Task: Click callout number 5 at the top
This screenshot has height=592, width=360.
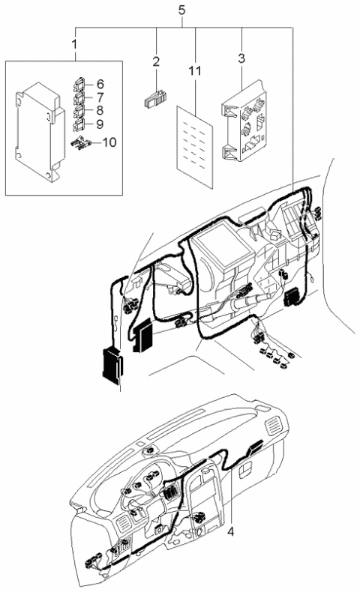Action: pyautogui.click(x=180, y=10)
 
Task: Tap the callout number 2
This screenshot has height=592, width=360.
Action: pyautogui.click(x=157, y=61)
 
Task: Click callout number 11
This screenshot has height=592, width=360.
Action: pyautogui.click(x=194, y=71)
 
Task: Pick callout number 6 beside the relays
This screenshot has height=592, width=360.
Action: pyautogui.click(x=100, y=84)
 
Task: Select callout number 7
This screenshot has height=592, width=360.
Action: pyautogui.click(x=100, y=97)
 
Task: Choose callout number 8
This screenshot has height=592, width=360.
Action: pyautogui.click(x=100, y=111)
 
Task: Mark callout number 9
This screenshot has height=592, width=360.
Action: pyautogui.click(x=100, y=124)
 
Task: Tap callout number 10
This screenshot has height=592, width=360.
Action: pyautogui.click(x=110, y=141)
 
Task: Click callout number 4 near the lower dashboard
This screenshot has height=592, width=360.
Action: pyautogui.click(x=232, y=532)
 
